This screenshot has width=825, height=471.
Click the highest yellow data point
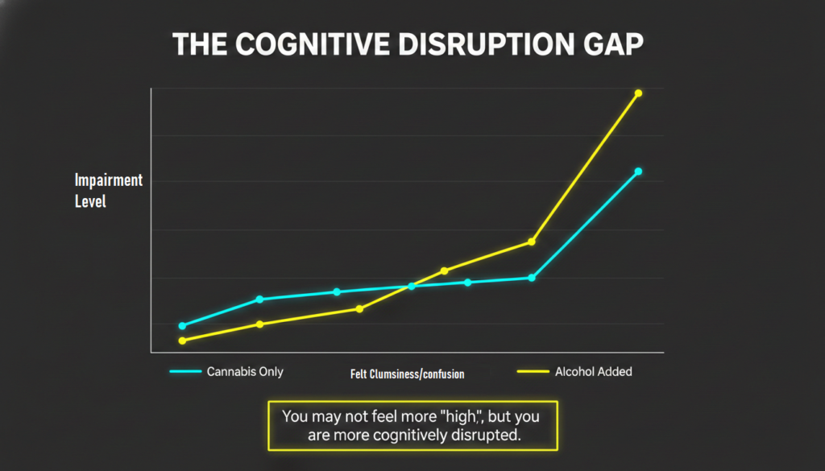tap(638, 93)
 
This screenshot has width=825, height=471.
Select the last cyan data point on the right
tap(638, 171)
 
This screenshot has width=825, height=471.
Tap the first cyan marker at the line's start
tap(182, 326)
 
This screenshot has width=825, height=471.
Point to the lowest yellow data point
tap(182, 341)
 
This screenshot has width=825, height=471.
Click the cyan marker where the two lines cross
tap(412, 286)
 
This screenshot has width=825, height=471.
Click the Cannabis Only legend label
tap(245, 372)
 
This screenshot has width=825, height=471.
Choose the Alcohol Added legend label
tap(594, 372)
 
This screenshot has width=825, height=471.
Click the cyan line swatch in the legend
tap(184, 372)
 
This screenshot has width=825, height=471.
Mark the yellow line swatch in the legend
tap(531, 372)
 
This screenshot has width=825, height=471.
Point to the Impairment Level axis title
tap(108, 191)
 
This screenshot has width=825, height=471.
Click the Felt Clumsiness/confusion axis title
tap(408, 374)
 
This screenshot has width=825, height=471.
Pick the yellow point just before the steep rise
tap(532, 242)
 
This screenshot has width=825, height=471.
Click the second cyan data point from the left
tap(259, 299)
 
